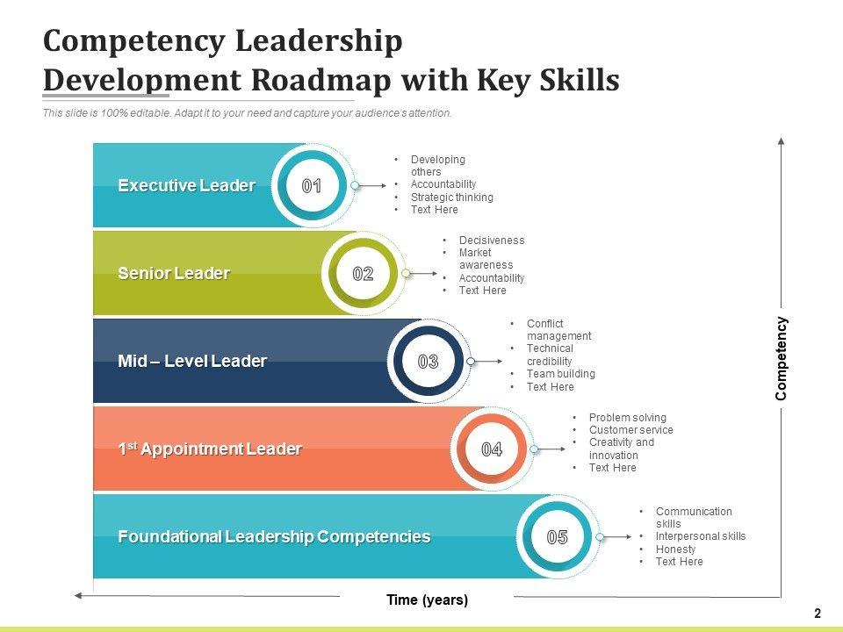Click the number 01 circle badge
pos(312,186)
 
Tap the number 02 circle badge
pos(363,274)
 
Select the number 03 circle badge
pos(428,362)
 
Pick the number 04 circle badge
pos(492,449)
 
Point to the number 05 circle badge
pos(558,537)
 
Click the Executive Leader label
pos(186,185)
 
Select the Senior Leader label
pos(174,273)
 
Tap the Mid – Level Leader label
pos(192,361)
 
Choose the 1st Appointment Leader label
pos(210,449)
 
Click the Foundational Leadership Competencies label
pos(274,536)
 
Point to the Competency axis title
pos(782,358)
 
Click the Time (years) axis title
pos(428,600)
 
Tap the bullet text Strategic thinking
pos(451,197)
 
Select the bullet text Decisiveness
pos(491,241)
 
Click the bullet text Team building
pos(560,374)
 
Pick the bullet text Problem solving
pos(627,418)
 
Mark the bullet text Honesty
pos(675,549)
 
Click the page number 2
pos(818,614)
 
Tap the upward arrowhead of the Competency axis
pos(781,140)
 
